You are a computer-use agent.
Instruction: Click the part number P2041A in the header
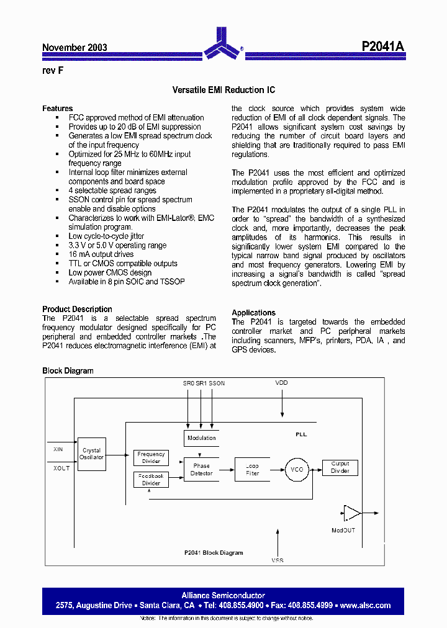(383, 47)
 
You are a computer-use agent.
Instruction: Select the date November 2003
(74, 48)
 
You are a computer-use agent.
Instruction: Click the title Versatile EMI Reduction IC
(223, 90)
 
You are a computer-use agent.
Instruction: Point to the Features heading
(57, 109)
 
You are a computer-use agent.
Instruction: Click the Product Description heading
(77, 309)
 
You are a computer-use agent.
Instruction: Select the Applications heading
(253, 313)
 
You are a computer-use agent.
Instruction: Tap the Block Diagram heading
(68, 371)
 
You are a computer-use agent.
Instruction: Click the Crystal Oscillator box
(91, 454)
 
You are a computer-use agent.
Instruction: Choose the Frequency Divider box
(151, 457)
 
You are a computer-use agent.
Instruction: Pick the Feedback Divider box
(151, 479)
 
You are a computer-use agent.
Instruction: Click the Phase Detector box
(201, 469)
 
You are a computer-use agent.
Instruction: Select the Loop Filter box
(252, 469)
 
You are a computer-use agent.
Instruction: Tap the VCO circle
(297, 470)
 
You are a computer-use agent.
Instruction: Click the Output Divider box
(340, 467)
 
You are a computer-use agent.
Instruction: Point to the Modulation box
(201, 437)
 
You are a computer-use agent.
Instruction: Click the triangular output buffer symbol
(352, 513)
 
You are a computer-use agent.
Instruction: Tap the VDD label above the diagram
(281, 384)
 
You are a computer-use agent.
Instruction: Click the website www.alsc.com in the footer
(366, 605)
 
